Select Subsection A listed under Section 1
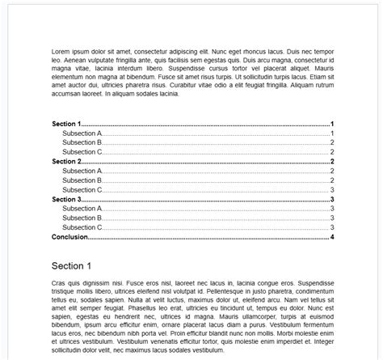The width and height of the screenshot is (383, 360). (82, 133)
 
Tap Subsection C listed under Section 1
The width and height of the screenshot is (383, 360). (82, 151)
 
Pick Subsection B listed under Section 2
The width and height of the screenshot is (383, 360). (82, 180)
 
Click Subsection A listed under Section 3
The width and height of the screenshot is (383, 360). (82, 209)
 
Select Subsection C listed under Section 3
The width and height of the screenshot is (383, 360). (82, 227)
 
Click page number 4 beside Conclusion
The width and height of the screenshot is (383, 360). (332, 237)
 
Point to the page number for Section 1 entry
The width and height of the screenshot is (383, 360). (332, 123)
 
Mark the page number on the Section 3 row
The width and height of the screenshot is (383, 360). (332, 199)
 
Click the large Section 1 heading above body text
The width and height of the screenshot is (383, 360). (71, 265)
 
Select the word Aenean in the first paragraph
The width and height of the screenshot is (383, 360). (74, 60)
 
